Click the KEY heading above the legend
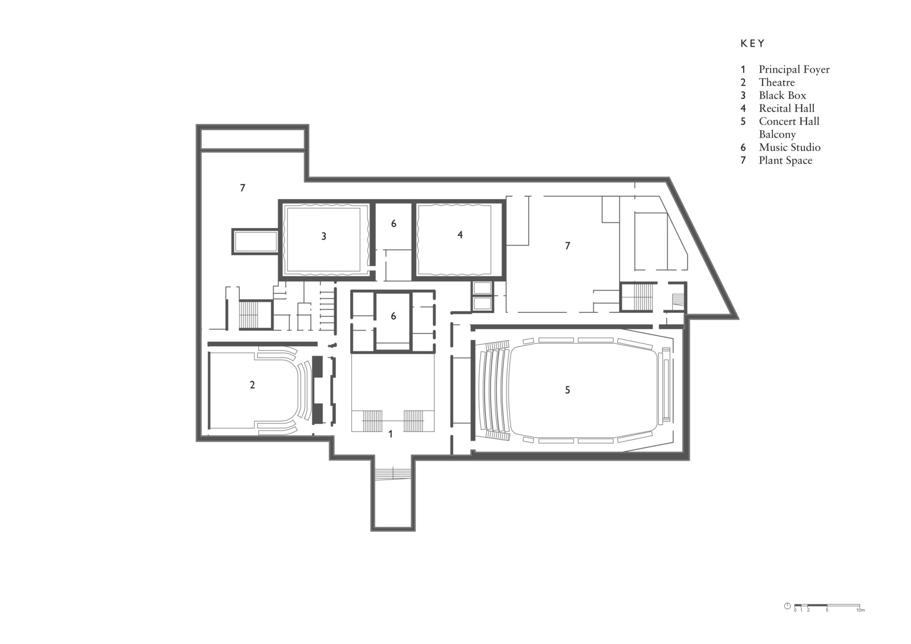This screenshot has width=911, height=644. click(753, 43)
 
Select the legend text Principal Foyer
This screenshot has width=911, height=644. click(794, 70)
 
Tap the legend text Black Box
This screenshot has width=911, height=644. click(783, 95)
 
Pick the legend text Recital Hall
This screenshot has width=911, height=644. click(787, 108)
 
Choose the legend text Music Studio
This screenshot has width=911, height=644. click(790, 147)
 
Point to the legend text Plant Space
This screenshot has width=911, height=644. click(786, 161)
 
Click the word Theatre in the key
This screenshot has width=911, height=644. click(777, 83)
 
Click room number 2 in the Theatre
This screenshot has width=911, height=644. click(252, 385)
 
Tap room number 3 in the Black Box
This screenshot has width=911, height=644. click(324, 236)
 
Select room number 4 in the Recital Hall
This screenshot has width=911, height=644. click(460, 235)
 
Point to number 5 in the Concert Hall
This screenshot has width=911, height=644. click(567, 390)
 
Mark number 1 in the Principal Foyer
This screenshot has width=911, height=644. click(390, 434)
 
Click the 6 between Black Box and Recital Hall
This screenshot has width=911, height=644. click(394, 224)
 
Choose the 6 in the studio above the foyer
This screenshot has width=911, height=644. click(393, 316)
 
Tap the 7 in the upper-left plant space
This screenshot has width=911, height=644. click(242, 187)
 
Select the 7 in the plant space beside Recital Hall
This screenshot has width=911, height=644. click(567, 245)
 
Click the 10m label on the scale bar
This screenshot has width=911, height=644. click(860, 610)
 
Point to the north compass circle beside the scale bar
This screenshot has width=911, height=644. click(787, 606)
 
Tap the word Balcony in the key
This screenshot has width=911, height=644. click(777, 135)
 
